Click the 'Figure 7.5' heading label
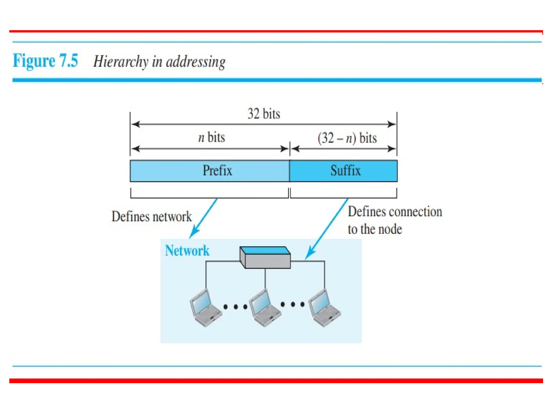click(x=45, y=61)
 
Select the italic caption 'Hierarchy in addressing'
click(x=159, y=62)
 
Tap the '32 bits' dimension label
click(x=264, y=114)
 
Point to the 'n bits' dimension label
click(x=212, y=137)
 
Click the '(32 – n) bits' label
click(x=347, y=138)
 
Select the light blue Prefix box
click(x=209, y=171)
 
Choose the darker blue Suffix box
click(x=344, y=171)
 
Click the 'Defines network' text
click(x=151, y=217)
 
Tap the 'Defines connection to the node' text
click(x=394, y=220)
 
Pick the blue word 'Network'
click(x=187, y=251)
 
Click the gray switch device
click(x=265, y=258)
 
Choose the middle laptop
click(x=265, y=308)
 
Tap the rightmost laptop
click(x=324, y=308)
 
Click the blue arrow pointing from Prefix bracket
click(x=203, y=218)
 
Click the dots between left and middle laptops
click(x=236, y=307)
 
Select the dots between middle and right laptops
click(x=293, y=304)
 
